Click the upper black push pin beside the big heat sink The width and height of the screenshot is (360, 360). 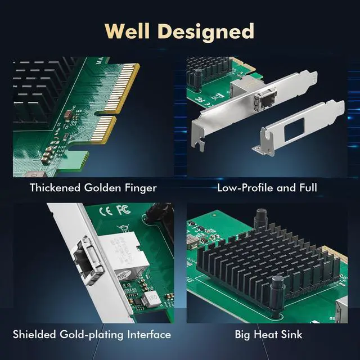tap(261, 217)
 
